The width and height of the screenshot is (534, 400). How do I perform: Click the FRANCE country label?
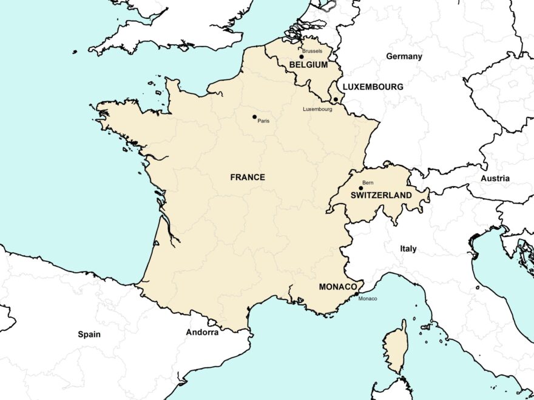[x=248, y=178]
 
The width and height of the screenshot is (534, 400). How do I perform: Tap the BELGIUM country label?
[x=308, y=64]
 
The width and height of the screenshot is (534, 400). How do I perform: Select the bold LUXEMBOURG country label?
[x=373, y=87]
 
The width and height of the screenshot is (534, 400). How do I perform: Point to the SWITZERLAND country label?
[x=381, y=196]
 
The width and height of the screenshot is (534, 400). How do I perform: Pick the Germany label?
[x=404, y=56]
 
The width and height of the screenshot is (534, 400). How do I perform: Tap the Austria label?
[x=495, y=179]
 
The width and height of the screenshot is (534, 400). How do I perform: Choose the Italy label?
[x=408, y=249]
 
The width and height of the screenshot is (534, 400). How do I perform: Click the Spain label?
[x=89, y=334]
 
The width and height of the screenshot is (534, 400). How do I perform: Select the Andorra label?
[x=202, y=332]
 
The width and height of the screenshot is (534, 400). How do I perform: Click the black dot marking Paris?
[x=254, y=116]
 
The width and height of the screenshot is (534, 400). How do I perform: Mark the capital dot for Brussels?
[x=301, y=57]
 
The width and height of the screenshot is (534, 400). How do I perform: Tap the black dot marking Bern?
[x=360, y=188]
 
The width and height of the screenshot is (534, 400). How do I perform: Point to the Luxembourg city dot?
[x=336, y=99]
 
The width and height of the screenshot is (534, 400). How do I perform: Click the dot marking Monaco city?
[x=356, y=294]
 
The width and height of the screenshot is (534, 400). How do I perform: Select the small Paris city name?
[x=263, y=121]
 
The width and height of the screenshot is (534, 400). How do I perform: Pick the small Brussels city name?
[x=312, y=52]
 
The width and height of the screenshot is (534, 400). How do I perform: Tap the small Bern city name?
[x=368, y=182]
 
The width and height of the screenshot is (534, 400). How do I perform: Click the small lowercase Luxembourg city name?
[x=317, y=109]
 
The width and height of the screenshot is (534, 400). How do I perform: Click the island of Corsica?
[x=396, y=346]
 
